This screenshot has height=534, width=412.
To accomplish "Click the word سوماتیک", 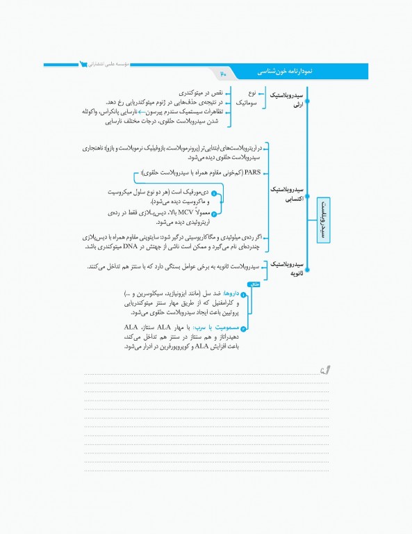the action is coord(245,102).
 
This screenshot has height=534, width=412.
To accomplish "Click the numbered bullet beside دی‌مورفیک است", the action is coord(214,193).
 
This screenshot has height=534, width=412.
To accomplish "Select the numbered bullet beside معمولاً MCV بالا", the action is coord(214,213).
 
